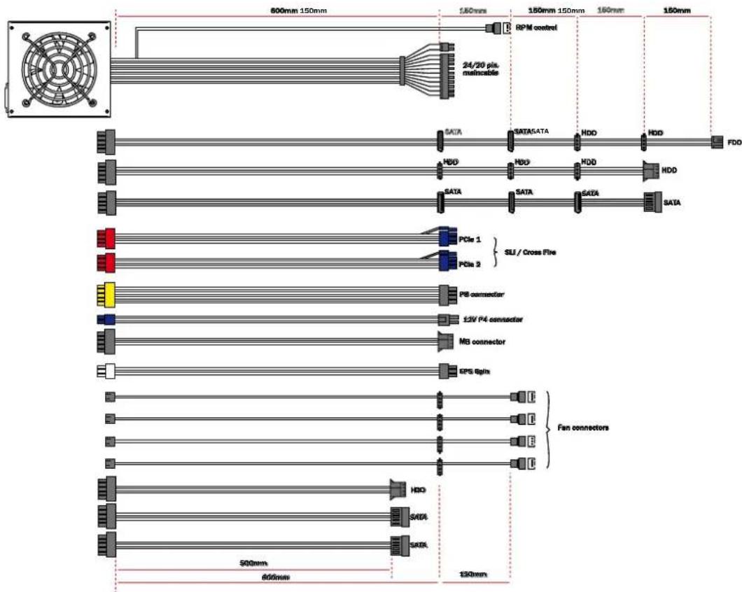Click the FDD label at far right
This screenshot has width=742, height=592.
734,143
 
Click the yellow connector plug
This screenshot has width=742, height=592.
105,295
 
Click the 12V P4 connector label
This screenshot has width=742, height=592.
492,320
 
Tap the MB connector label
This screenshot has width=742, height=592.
482,341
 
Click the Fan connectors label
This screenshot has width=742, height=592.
582,428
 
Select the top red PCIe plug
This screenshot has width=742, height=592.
105,239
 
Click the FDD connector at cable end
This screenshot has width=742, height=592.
717,143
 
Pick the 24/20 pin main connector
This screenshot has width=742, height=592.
449,71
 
